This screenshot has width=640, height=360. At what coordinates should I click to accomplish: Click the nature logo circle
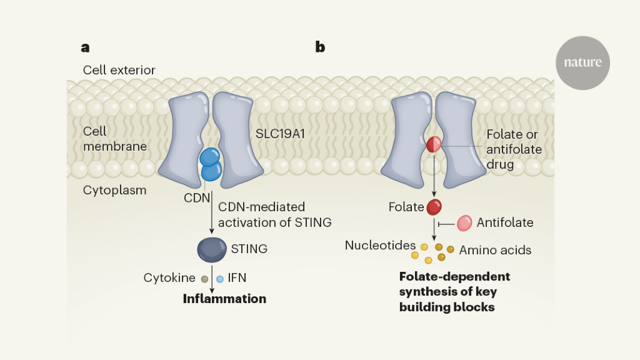coord(582,62)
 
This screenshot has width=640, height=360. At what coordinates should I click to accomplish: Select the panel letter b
coord(320,47)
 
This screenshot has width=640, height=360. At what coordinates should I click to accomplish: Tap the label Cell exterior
coord(119,69)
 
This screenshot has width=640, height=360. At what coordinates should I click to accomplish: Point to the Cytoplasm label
coord(115,190)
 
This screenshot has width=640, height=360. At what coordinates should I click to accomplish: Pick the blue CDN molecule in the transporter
coord(211,164)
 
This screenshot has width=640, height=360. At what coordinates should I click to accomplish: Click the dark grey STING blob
coord(211,249)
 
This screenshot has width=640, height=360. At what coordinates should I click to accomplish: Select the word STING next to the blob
coord(249,249)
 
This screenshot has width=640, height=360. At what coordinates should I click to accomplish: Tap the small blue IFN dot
coord(220,279)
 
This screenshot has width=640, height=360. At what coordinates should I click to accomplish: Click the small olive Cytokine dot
coord(204,279)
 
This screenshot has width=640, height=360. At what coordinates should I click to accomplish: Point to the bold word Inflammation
coord(224,299)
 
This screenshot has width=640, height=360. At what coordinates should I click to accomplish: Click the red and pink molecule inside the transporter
coord(434,145)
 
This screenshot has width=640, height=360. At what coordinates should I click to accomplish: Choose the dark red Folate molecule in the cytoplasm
coord(434,206)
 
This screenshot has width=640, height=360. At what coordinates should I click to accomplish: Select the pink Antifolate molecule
coord(464,223)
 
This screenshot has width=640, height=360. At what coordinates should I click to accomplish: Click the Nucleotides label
coord(380,246)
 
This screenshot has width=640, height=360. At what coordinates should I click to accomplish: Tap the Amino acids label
coord(495,250)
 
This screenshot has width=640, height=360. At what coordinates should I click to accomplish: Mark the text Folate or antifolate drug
coord(514,149)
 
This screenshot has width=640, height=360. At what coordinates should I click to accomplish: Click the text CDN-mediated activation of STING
coord(274,214)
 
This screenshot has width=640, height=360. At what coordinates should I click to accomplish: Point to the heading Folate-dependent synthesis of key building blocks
coord(454,291)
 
